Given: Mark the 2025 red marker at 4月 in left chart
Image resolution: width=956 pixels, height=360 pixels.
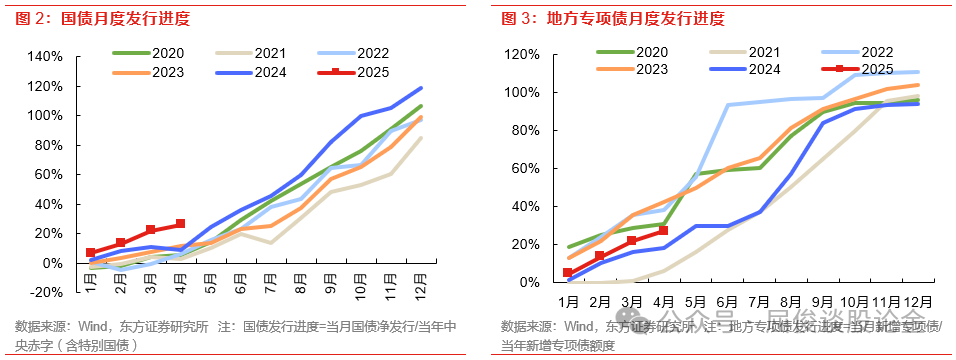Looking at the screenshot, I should click(180, 224).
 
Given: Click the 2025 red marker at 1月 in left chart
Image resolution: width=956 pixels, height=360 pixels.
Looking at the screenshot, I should click(91, 253).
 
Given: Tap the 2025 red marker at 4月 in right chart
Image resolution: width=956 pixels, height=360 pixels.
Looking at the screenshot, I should click(663, 231).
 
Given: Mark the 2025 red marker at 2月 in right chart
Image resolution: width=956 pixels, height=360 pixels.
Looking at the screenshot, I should click(600, 256).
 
